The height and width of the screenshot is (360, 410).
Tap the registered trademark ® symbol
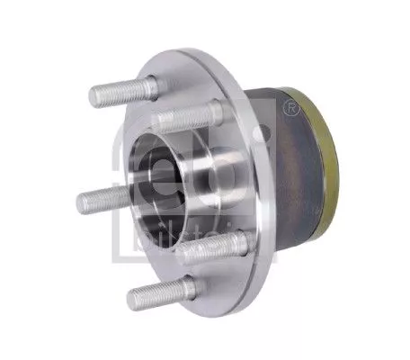(x=290, y=110)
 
